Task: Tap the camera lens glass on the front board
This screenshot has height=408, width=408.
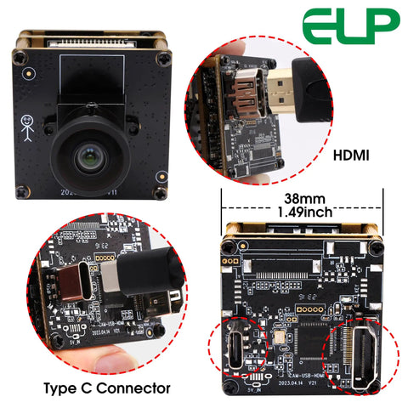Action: (x=88, y=156)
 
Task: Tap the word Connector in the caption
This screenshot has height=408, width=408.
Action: (x=137, y=388)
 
